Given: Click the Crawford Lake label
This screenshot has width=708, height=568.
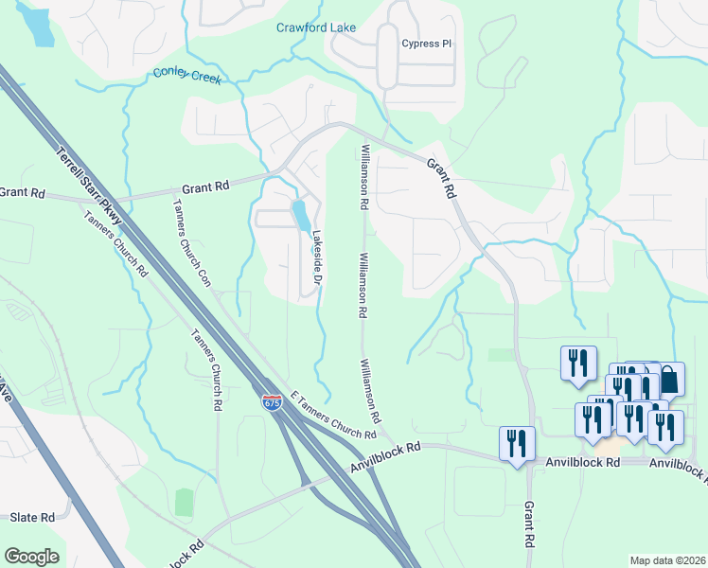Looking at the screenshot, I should [x=315, y=27].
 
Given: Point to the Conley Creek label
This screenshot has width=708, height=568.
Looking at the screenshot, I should [x=186, y=76].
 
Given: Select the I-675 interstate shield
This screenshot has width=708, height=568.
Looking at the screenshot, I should [x=272, y=403].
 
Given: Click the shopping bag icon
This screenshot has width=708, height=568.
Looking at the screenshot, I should [x=668, y=380].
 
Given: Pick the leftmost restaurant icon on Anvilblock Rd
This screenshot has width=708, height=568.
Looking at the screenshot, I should [x=517, y=443].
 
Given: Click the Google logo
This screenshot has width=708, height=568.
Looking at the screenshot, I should [x=31, y=557].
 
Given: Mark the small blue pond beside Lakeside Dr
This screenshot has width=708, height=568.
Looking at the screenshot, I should [x=300, y=216].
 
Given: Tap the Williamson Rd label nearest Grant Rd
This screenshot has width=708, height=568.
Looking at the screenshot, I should [x=363, y=176].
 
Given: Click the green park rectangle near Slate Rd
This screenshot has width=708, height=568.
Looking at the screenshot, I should [x=184, y=503].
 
